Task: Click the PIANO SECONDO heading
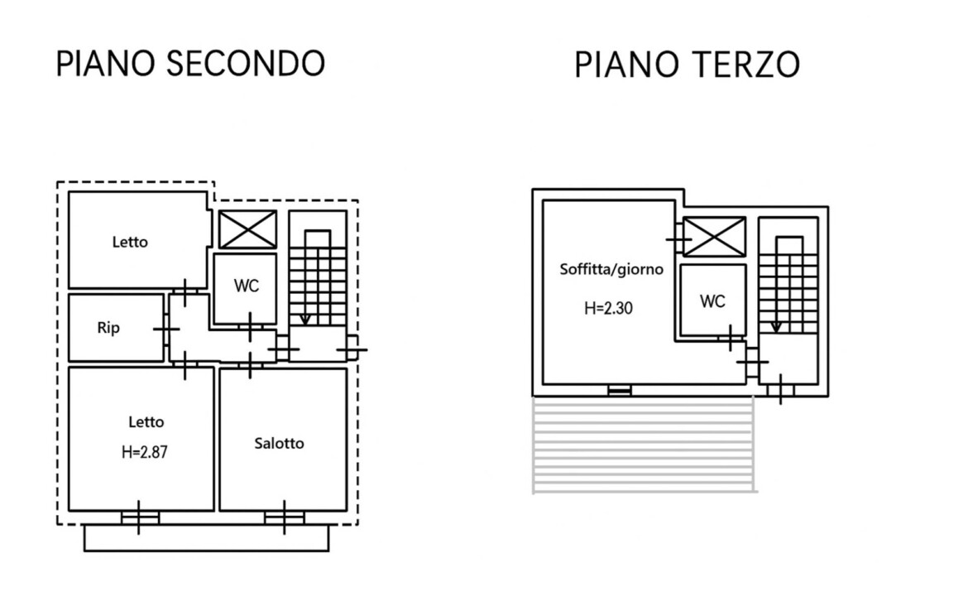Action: (x=190, y=64)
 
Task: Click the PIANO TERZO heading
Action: (x=687, y=65)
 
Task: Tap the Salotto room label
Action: (x=279, y=443)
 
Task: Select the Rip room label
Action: (x=108, y=327)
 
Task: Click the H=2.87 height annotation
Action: (x=145, y=452)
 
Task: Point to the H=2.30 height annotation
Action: (x=608, y=308)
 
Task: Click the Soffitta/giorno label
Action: (x=611, y=269)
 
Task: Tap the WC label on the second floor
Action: (x=247, y=286)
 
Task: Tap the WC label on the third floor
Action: (x=712, y=301)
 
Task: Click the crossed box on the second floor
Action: (x=247, y=229)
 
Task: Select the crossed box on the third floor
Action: (x=714, y=237)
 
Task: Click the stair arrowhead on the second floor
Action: (x=305, y=320)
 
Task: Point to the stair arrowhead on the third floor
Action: (x=777, y=327)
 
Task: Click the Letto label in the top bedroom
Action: (x=130, y=242)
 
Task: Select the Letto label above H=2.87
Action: (x=146, y=422)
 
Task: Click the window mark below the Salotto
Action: (x=284, y=517)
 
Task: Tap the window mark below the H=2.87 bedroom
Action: (x=138, y=517)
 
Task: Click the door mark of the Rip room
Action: (x=165, y=329)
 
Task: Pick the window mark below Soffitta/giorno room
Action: (x=619, y=390)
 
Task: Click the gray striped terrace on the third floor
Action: (x=644, y=445)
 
